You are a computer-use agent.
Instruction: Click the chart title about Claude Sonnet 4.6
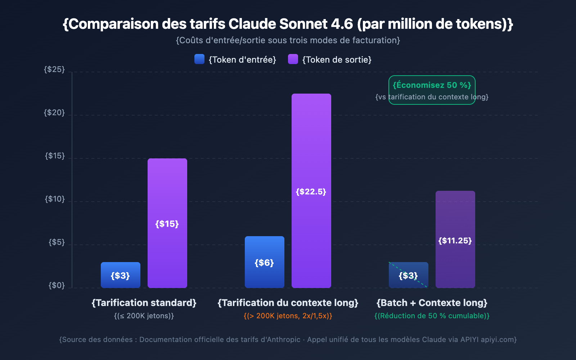tap(288, 24)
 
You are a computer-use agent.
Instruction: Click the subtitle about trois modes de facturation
tap(288, 40)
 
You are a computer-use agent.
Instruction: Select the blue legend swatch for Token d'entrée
tap(199, 59)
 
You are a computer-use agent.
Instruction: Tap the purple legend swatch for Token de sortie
tap(293, 59)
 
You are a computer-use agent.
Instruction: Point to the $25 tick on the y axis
tap(54, 69)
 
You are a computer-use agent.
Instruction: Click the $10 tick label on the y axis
tap(54, 199)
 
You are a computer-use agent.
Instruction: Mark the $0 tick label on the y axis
tap(57, 285)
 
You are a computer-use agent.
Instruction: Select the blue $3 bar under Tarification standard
tap(120, 275)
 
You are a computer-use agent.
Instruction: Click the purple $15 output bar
tap(167, 223)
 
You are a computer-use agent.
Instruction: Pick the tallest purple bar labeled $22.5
tap(311, 191)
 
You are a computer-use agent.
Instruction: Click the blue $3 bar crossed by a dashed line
tap(408, 275)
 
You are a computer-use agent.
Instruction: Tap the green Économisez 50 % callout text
tap(432, 85)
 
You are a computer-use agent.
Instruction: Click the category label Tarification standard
tap(144, 303)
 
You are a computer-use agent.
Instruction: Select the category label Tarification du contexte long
tap(288, 303)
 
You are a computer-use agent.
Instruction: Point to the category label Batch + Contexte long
tap(432, 303)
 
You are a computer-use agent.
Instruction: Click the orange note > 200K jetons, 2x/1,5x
tap(288, 316)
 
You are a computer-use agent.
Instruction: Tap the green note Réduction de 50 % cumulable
tap(432, 316)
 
